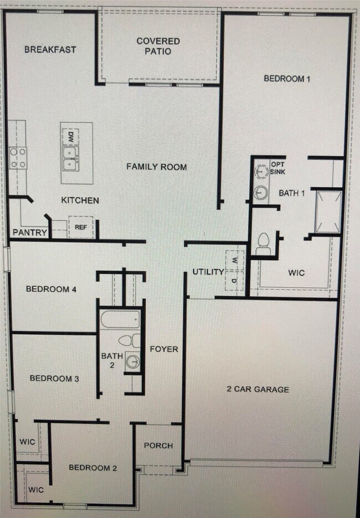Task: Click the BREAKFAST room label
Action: (50, 49)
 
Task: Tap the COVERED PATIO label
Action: (158, 46)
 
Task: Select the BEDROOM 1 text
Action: (286, 79)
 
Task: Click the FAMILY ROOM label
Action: (156, 167)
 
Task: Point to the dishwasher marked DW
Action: (71, 136)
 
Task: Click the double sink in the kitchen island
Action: (70, 158)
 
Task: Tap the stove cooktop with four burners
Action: (18, 157)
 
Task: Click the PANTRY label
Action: (30, 233)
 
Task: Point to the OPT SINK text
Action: (277, 168)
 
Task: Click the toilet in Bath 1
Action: (264, 244)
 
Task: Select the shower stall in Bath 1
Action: (327, 212)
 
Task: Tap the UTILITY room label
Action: (208, 271)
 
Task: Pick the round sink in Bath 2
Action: (133, 361)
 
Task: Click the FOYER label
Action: (164, 349)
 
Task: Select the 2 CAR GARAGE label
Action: (258, 389)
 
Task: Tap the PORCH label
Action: (158, 445)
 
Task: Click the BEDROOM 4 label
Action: (51, 289)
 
